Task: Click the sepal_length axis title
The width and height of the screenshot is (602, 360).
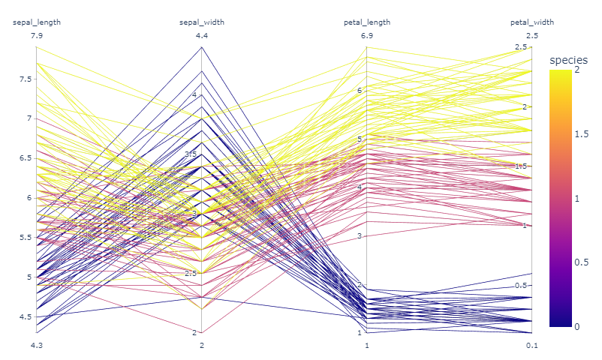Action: click(37, 22)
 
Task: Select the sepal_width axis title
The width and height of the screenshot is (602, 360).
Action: click(202, 22)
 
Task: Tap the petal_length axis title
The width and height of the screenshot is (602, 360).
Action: click(367, 22)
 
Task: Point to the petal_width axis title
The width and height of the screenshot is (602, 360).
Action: click(532, 22)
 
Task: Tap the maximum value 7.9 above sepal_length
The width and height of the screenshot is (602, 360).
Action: click(37, 36)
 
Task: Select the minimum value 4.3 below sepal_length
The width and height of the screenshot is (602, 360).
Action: click(37, 346)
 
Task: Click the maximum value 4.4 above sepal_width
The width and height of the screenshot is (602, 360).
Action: click(202, 36)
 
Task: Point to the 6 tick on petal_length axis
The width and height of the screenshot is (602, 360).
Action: click(359, 90)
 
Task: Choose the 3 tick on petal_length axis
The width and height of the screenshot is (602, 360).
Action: click(359, 235)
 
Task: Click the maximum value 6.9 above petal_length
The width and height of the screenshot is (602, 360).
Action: click(367, 36)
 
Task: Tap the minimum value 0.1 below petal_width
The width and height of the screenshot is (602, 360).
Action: click(532, 346)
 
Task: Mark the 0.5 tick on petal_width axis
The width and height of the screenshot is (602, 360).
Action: click(521, 286)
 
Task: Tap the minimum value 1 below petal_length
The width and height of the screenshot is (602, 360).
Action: click(367, 346)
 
